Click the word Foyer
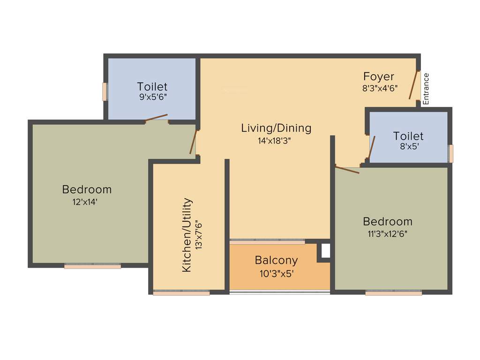click(x=379, y=76)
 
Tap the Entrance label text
click(x=426, y=89)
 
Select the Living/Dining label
click(x=276, y=128)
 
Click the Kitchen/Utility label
click(x=187, y=235)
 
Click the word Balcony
click(x=276, y=260)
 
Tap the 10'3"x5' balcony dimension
click(x=276, y=273)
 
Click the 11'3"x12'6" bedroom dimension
click(x=387, y=234)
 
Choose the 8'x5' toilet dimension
click(x=407, y=146)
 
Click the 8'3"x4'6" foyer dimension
click(x=380, y=88)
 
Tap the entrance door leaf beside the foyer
click(x=413, y=85)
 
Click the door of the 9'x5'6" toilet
click(x=156, y=118)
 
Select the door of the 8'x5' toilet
click(x=371, y=148)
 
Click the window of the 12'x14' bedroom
click(x=92, y=266)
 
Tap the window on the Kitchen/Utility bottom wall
click(x=181, y=293)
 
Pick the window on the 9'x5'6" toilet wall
click(x=105, y=91)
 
